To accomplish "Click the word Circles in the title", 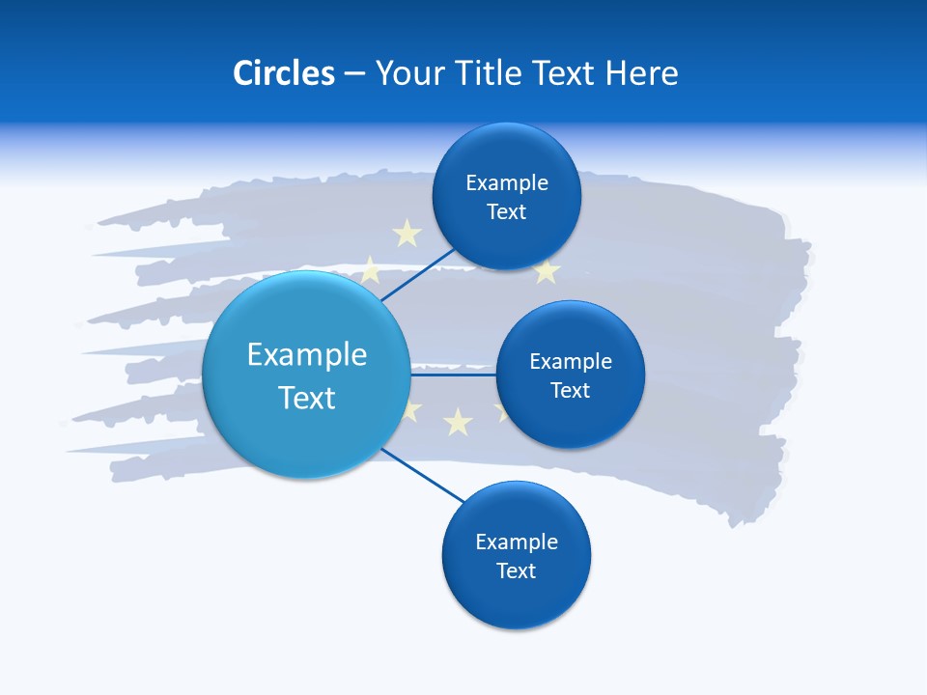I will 283,73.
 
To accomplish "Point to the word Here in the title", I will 641,73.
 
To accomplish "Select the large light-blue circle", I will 307,375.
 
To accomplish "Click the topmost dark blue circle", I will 506,196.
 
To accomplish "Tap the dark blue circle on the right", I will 570,375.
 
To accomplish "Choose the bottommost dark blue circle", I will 516,555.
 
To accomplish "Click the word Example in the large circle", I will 307,354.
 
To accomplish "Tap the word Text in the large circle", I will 307,398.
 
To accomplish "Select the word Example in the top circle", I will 506,182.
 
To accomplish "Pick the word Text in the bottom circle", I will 516,570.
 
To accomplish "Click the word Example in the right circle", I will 570,361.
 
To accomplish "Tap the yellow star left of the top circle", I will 407,233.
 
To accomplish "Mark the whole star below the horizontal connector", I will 458,421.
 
